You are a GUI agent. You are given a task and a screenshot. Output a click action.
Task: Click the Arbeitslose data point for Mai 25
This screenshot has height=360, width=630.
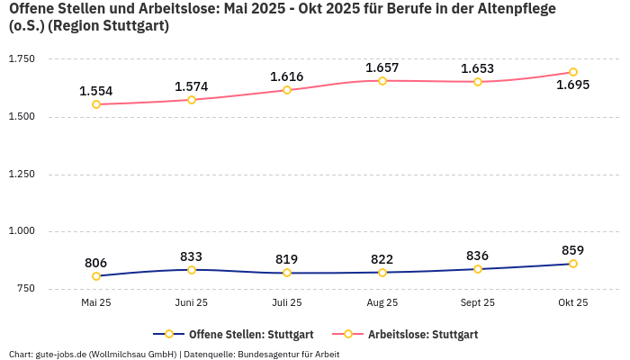(x=96, y=104)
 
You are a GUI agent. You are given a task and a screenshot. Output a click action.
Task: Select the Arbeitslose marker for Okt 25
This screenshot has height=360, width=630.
(x=573, y=72)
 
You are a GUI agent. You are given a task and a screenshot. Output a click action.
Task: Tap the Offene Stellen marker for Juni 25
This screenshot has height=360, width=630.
(x=192, y=270)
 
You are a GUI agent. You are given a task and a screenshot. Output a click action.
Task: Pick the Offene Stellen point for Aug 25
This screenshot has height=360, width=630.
(x=382, y=273)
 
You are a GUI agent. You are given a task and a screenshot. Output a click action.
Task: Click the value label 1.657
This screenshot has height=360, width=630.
(x=382, y=67)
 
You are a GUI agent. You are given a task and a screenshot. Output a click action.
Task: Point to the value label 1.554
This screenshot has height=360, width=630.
(x=96, y=91)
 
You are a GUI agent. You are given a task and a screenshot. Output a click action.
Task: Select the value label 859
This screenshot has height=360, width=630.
(x=573, y=250)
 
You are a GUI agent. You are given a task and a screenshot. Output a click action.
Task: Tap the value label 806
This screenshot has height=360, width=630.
(x=96, y=263)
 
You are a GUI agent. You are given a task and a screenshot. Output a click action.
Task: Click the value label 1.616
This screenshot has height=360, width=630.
(x=287, y=76)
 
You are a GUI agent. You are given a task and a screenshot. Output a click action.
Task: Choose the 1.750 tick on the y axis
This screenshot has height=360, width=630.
(x=21, y=59)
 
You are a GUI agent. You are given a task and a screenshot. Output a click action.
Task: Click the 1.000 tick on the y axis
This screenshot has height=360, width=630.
(x=21, y=231)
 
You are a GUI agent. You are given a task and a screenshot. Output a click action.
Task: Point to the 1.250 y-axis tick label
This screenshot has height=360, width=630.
(x=21, y=175)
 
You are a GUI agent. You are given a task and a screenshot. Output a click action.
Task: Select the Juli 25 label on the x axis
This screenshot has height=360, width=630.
(x=287, y=303)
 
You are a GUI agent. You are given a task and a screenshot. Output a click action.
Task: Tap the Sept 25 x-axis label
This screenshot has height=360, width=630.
(x=478, y=303)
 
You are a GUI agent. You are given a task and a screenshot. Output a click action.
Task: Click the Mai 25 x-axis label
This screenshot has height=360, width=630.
(x=96, y=303)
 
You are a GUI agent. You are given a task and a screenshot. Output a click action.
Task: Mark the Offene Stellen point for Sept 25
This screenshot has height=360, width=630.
(x=478, y=269)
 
